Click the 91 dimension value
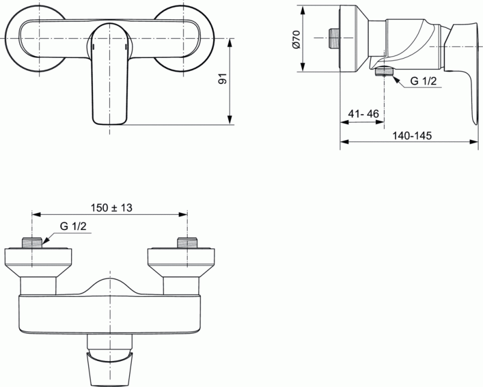[222, 80]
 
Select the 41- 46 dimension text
[363, 113]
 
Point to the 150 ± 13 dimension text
[111, 206]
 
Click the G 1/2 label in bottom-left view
[72, 226]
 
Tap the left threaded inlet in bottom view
[33, 243]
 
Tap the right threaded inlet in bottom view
[187, 243]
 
